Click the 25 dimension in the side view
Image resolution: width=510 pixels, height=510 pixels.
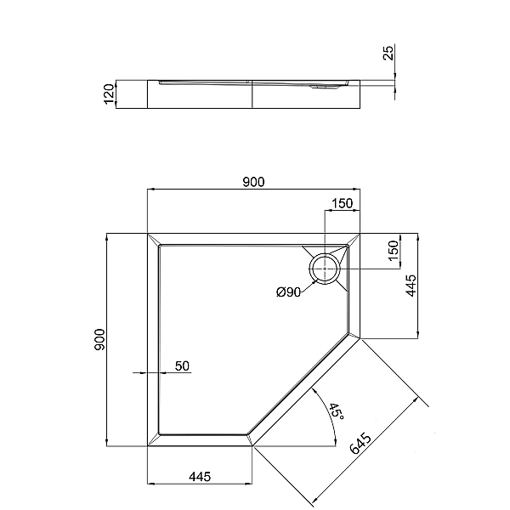[x=388, y=54]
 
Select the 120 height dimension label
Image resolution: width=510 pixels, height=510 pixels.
[x=109, y=94]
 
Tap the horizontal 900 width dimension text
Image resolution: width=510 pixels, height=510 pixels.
[x=254, y=181]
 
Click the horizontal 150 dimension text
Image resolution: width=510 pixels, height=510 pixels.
[x=342, y=203]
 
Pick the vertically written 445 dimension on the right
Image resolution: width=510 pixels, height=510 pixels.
[x=411, y=286]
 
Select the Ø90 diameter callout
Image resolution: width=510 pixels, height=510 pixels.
[x=289, y=293]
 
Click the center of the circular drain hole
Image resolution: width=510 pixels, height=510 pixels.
[x=326, y=269]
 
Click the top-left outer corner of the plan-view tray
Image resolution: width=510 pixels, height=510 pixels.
[x=148, y=232]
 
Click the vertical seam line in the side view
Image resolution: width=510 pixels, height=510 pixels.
[x=253, y=95]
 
